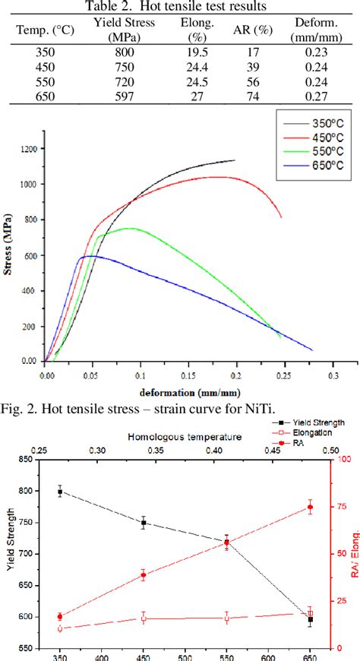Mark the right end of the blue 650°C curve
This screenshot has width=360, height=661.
click(x=311, y=349)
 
